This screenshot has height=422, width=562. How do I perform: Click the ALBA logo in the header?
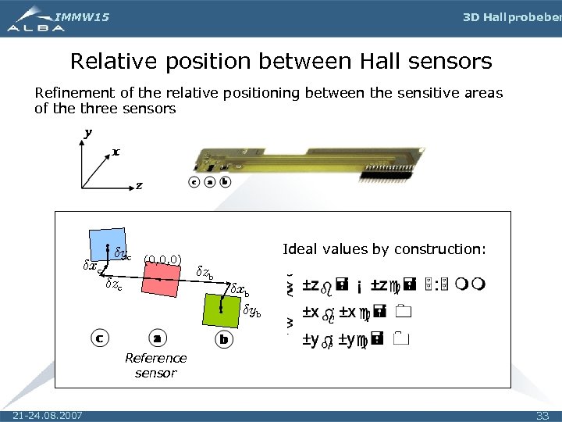pyautogui.click(x=35, y=26)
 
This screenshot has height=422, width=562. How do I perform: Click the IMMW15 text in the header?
pyautogui.click(x=82, y=16)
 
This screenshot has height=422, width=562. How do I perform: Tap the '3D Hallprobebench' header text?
pyautogui.click(x=511, y=16)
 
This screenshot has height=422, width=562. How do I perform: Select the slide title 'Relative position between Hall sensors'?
pyautogui.click(x=281, y=60)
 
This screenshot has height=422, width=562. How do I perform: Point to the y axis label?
pyautogui.click(x=87, y=133)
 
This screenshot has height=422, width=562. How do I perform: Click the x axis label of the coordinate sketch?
pyautogui.click(x=116, y=152)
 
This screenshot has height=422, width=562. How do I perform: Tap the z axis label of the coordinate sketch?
pyautogui.click(x=139, y=186)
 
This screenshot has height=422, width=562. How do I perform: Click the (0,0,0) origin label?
pyautogui.click(x=163, y=259)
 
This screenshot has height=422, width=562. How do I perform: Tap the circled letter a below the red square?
pyautogui.click(x=157, y=338)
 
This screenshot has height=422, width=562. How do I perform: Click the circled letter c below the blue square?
pyautogui.click(x=99, y=338)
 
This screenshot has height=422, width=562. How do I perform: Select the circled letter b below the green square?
pyautogui.click(x=224, y=340)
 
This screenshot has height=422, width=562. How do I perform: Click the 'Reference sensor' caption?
pyautogui.click(x=156, y=365)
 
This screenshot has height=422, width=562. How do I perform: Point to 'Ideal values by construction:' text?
pyautogui.click(x=384, y=249)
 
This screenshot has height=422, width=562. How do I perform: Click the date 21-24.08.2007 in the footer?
pyautogui.click(x=49, y=413)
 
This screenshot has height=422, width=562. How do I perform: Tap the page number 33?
pyautogui.click(x=542, y=413)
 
